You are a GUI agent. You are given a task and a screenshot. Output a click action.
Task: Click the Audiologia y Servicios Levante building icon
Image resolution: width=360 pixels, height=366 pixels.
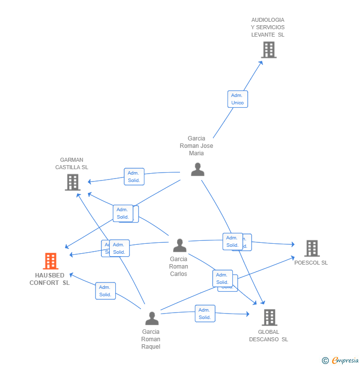(x=269, y=49)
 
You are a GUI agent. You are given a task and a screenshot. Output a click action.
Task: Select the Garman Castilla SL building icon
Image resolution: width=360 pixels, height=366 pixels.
(x=73, y=183)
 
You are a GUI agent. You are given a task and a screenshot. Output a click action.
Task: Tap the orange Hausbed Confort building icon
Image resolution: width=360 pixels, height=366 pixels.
(x=51, y=261)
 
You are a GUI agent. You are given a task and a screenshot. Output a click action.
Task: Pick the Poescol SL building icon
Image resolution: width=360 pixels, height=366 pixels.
(x=312, y=248)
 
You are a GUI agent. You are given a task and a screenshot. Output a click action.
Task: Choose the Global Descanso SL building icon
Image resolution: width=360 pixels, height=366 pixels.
(x=269, y=317)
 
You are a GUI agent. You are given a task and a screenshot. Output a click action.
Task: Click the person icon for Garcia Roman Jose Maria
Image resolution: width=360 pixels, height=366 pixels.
(x=198, y=170)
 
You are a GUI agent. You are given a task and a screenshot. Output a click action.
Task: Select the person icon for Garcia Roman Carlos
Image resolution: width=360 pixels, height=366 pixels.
(x=180, y=245)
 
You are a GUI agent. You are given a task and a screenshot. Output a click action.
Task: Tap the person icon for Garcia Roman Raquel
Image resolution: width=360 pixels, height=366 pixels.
(x=152, y=318)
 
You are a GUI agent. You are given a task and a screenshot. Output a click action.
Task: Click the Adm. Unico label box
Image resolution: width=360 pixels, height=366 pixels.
(x=237, y=99)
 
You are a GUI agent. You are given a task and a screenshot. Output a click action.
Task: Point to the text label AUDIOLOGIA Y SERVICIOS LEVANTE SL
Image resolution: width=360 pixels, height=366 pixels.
(x=268, y=27)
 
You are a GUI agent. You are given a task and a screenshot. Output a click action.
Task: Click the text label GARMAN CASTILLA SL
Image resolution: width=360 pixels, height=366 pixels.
(x=72, y=164)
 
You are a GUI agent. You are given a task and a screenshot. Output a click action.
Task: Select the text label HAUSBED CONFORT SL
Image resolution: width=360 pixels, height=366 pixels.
(x=50, y=279)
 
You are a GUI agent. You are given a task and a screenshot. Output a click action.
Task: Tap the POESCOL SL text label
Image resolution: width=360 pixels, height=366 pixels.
(x=311, y=263)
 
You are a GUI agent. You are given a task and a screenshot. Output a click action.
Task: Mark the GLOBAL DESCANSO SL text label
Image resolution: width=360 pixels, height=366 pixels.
(x=269, y=336)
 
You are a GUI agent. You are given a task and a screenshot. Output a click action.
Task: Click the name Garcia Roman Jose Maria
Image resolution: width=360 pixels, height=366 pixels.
(x=196, y=146)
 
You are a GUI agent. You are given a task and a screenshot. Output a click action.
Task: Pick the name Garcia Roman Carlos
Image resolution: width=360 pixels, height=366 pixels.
(x=179, y=266)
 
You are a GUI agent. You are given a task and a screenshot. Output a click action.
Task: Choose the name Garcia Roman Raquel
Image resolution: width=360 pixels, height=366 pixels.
(x=151, y=339)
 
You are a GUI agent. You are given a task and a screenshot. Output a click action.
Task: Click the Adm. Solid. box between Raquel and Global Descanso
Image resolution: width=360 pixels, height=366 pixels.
(x=205, y=314)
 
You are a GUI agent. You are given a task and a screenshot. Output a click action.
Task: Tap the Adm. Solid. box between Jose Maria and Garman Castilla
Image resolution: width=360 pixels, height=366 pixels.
(x=134, y=177)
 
